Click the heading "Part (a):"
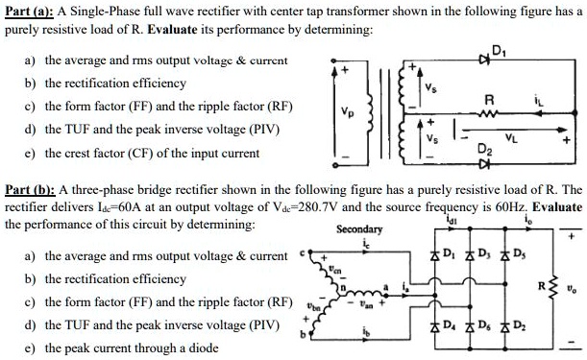click(31, 12)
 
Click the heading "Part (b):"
click(31, 190)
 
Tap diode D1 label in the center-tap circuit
click(497, 52)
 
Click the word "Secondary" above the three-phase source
click(359, 229)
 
